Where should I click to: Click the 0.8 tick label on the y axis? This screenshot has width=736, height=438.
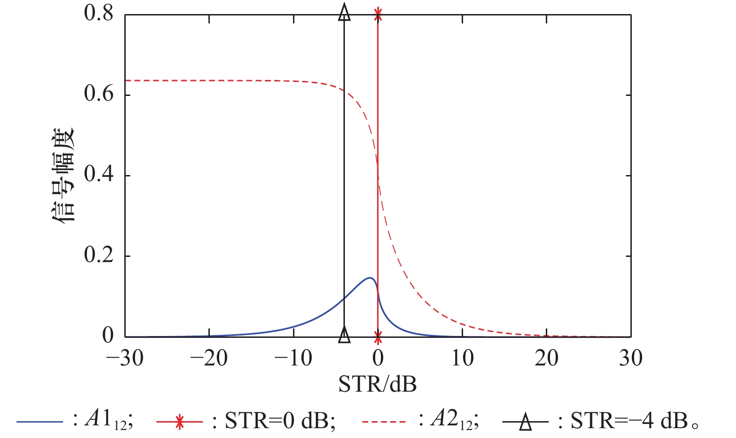coord(99,14)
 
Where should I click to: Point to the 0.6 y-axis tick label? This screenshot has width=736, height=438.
coord(99,94)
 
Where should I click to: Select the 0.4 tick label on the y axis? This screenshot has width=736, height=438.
coord(99,175)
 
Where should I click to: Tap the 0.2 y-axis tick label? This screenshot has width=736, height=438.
coord(99,255)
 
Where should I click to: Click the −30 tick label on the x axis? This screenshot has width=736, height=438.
coord(125,358)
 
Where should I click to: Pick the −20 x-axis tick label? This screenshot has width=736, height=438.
coord(209,358)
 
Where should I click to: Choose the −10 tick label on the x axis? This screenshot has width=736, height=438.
coord(293,358)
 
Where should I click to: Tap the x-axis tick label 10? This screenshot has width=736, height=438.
coord(462,358)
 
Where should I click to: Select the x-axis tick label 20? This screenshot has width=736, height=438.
coord(546,358)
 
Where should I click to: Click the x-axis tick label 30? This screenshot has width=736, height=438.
coord(631,358)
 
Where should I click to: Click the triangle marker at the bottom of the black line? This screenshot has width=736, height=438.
coord(344,334)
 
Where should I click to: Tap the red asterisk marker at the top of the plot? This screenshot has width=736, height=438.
coord(378,15)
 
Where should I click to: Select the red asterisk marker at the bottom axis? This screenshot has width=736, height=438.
coord(378,336)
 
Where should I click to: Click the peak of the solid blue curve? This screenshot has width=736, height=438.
coord(370,278)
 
